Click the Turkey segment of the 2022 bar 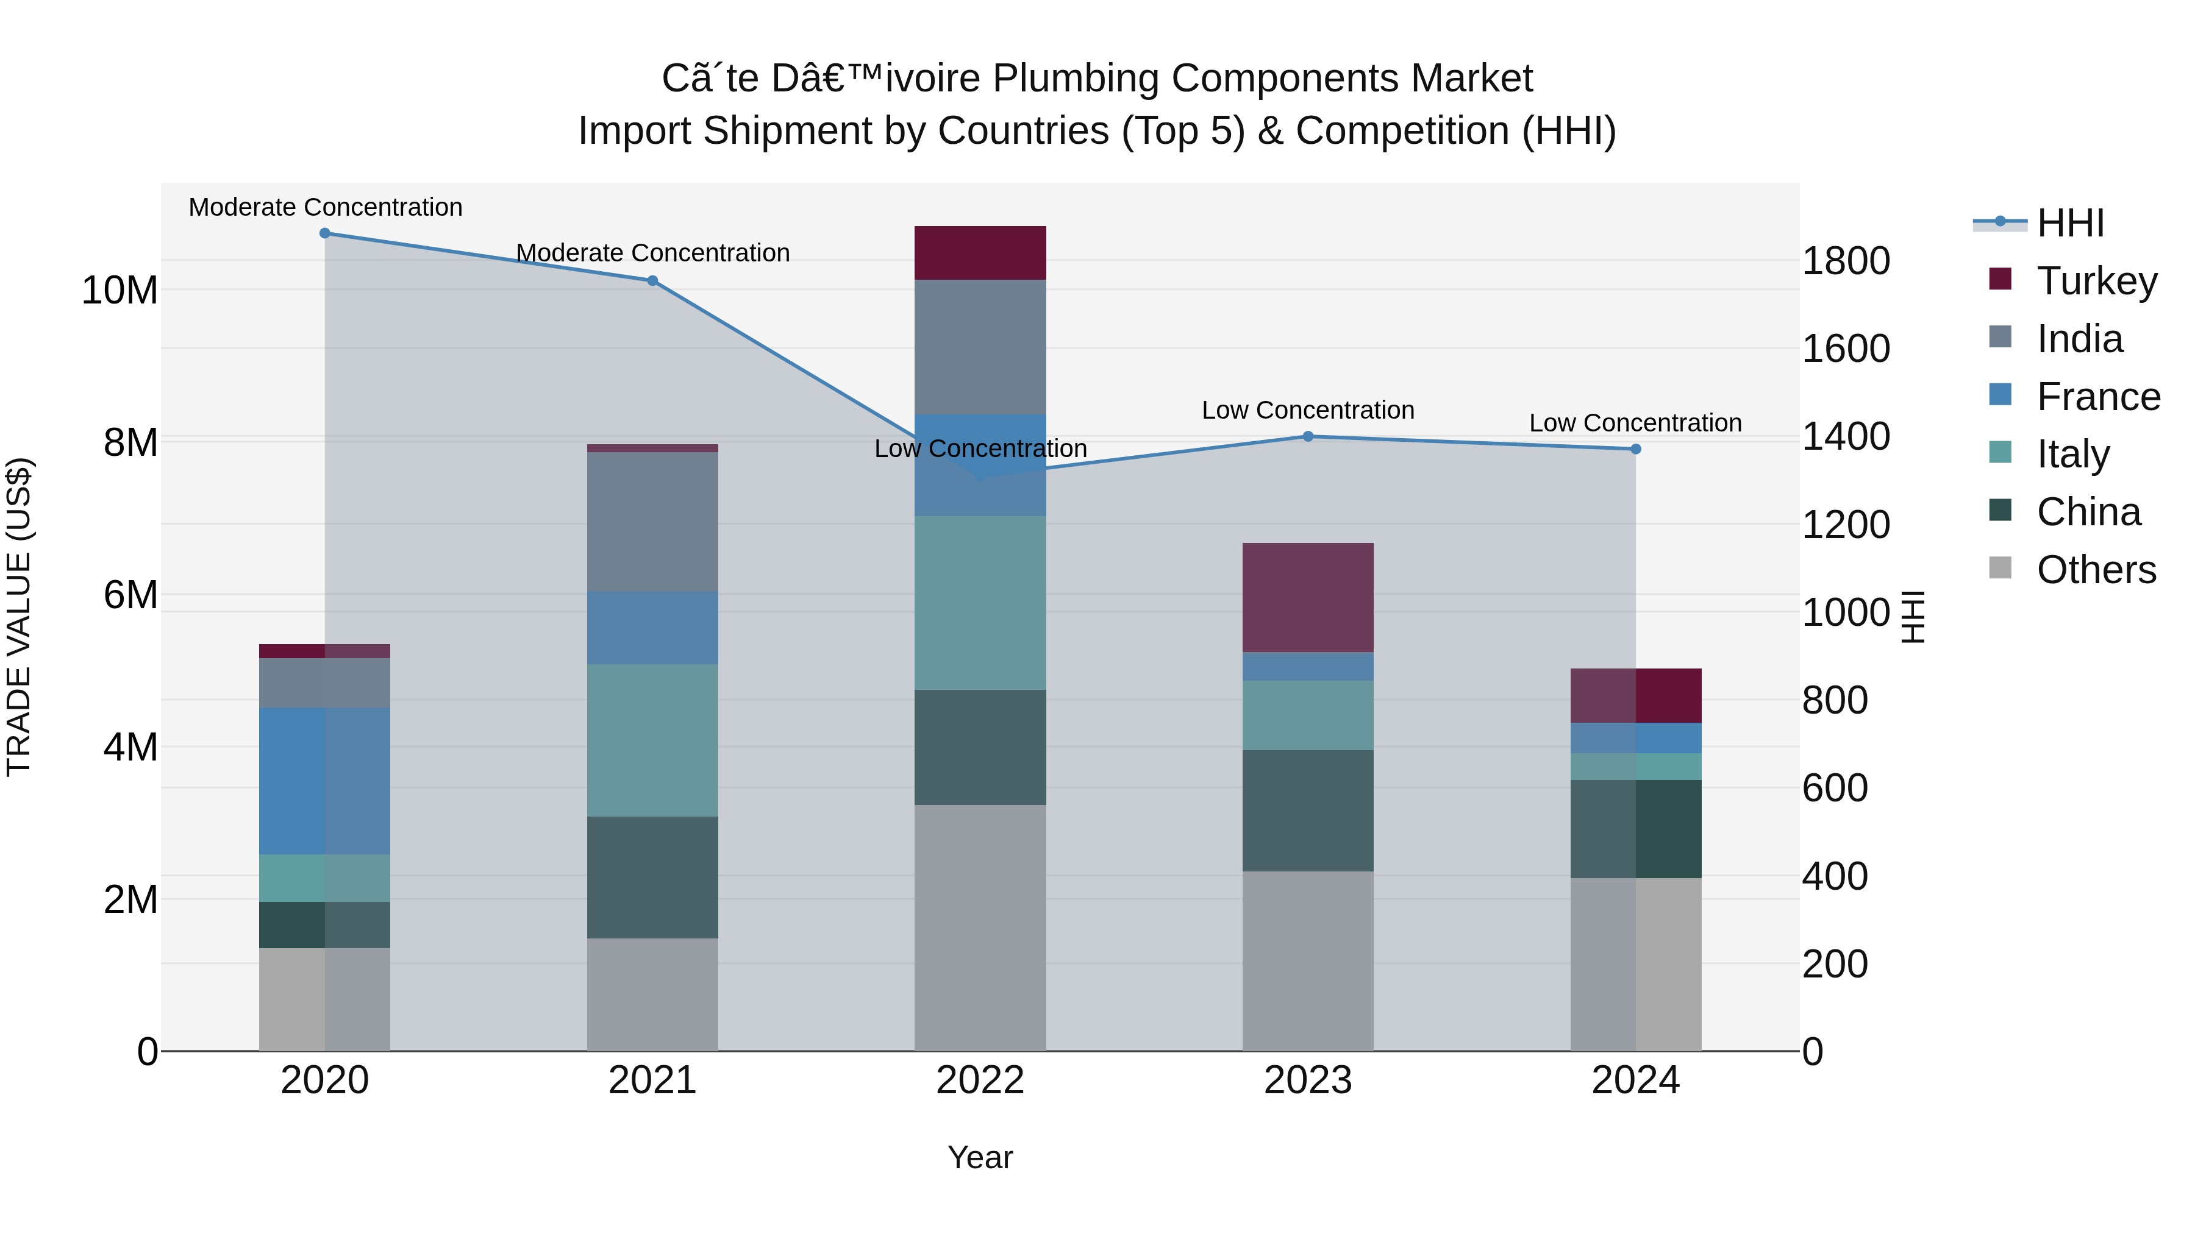click(980, 253)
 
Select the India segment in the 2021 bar click(652, 521)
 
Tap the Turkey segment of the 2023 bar click(1307, 597)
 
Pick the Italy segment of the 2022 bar click(980, 602)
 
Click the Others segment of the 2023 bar click(1307, 960)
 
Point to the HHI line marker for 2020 click(324, 233)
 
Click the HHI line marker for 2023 click(1308, 436)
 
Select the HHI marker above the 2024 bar click(1635, 449)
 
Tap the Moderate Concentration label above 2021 click(652, 253)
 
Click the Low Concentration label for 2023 click(1307, 410)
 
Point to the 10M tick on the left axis click(120, 291)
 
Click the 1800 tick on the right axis click(1846, 261)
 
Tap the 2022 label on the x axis click(980, 1080)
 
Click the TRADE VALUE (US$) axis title click(19, 617)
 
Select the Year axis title click(980, 1157)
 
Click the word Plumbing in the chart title click(1076, 79)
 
